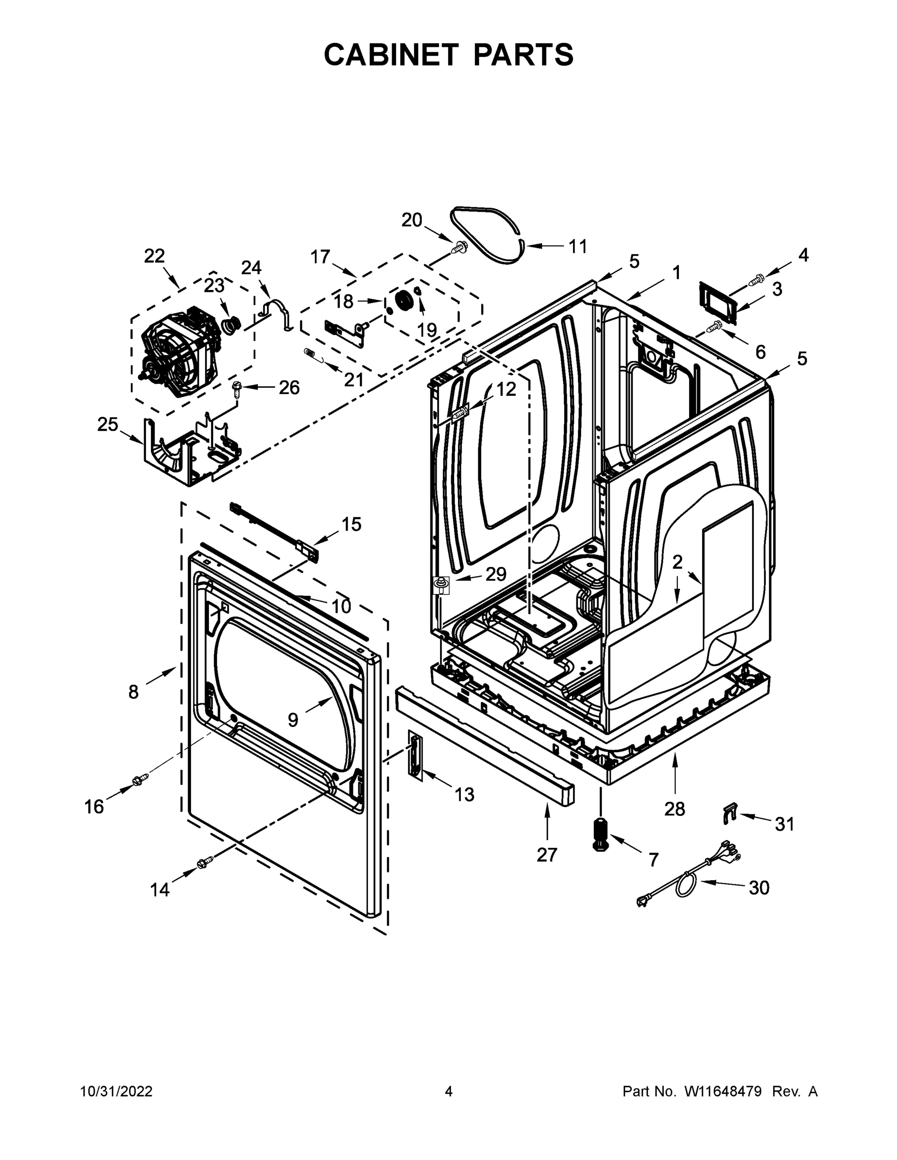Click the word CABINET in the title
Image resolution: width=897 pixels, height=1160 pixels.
(x=391, y=55)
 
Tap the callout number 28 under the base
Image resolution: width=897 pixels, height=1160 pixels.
(x=675, y=809)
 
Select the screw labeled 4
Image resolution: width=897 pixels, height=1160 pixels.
(x=757, y=278)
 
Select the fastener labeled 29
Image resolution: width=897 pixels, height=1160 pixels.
(x=441, y=584)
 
